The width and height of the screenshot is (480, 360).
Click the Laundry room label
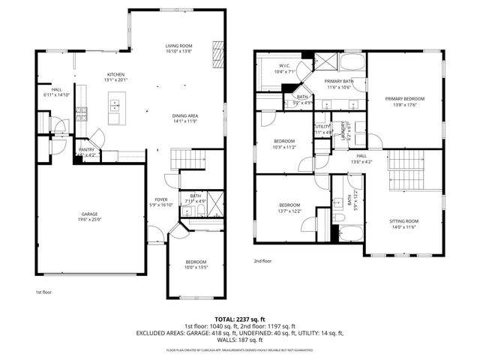(344, 130)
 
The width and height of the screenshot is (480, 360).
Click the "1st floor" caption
(43, 292)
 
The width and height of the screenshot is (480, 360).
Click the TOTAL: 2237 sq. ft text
(239, 319)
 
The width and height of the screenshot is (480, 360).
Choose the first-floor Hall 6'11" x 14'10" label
(56, 92)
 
